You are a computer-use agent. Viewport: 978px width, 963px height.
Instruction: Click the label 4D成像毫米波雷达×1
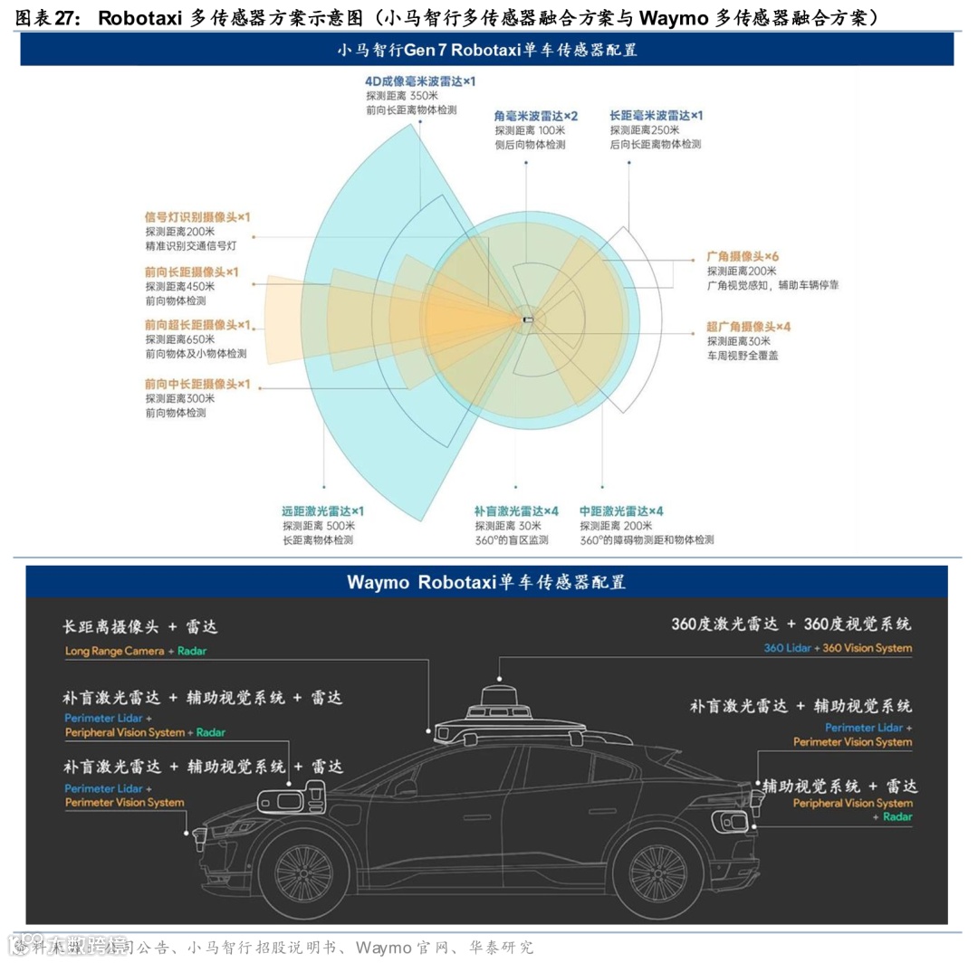click(x=419, y=81)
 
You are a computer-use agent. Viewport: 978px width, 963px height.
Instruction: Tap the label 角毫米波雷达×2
click(x=535, y=116)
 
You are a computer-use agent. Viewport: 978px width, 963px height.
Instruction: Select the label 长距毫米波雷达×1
click(x=656, y=116)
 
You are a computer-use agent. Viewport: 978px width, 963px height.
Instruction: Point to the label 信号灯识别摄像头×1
click(x=197, y=217)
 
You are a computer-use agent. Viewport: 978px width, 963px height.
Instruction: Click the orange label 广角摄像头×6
click(x=743, y=256)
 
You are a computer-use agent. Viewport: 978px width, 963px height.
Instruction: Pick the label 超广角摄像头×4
click(x=749, y=326)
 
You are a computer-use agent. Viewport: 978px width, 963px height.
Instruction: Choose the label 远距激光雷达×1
click(x=322, y=510)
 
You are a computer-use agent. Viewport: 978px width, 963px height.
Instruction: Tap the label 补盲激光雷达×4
click(x=516, y=510)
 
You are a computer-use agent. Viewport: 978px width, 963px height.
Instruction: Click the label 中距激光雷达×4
click(x=621, y=510)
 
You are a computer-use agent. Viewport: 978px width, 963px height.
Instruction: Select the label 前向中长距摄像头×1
click(x=197, y=384)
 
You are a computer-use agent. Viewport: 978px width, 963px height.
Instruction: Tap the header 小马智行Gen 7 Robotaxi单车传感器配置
click(x=487, y=51)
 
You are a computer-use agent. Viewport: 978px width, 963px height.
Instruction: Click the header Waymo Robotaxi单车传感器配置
click(x=486, y=582)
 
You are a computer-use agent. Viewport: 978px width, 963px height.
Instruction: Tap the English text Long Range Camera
click(x=114, y=651)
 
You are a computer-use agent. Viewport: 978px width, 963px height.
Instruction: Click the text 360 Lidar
click(x=786, y=648)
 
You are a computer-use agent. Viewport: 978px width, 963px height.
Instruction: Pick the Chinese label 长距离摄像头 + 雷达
click(x=139, y=627)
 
